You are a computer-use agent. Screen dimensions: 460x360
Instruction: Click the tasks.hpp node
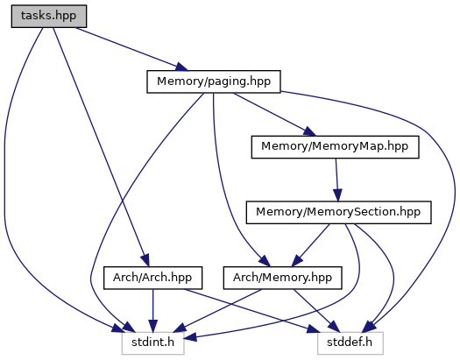coord(49,16)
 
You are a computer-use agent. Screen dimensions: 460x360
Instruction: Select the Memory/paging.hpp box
coord(214,81)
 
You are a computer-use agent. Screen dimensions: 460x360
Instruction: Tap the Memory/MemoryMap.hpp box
coord(335,147)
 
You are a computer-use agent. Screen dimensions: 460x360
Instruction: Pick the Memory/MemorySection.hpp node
coord(338,212)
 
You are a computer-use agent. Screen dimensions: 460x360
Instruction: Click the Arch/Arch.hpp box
coord(152,278)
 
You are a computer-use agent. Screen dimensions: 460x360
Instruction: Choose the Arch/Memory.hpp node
coord(282,278)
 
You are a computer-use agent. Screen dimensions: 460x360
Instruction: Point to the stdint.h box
coord(152,343)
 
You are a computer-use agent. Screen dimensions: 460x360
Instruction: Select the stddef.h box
coord(350,343)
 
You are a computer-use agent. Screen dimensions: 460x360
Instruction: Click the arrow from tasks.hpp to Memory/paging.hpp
coord(131,49)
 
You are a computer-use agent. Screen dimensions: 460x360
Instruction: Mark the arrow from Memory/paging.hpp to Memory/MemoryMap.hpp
coord(274,115)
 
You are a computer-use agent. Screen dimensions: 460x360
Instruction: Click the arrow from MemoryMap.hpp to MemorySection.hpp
coord(336,180)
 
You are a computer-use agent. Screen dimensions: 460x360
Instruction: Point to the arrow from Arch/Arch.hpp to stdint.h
coord(152,310)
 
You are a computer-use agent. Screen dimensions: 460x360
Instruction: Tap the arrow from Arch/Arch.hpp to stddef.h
coord(251,310)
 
